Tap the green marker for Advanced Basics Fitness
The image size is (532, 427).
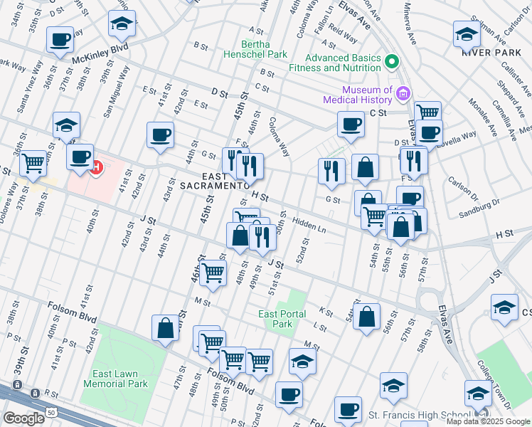(390, 63)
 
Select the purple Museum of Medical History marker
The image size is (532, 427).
(403, 94)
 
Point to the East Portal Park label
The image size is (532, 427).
(282, 319)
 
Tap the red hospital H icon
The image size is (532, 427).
(97, 168)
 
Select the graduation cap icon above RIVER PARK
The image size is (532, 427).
(467, 33)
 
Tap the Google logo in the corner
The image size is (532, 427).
(23, 418)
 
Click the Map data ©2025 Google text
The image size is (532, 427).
(487, 421)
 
